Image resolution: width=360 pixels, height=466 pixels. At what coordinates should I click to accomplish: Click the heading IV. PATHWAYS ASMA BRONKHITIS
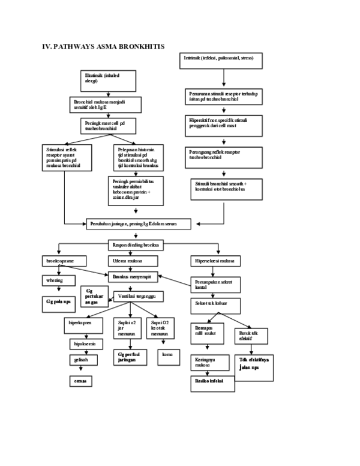click(x=103, y=46)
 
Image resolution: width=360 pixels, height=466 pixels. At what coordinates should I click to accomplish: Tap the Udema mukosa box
click(x=133, y=261)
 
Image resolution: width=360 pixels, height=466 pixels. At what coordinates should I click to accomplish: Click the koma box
click(x=168, y=354)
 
